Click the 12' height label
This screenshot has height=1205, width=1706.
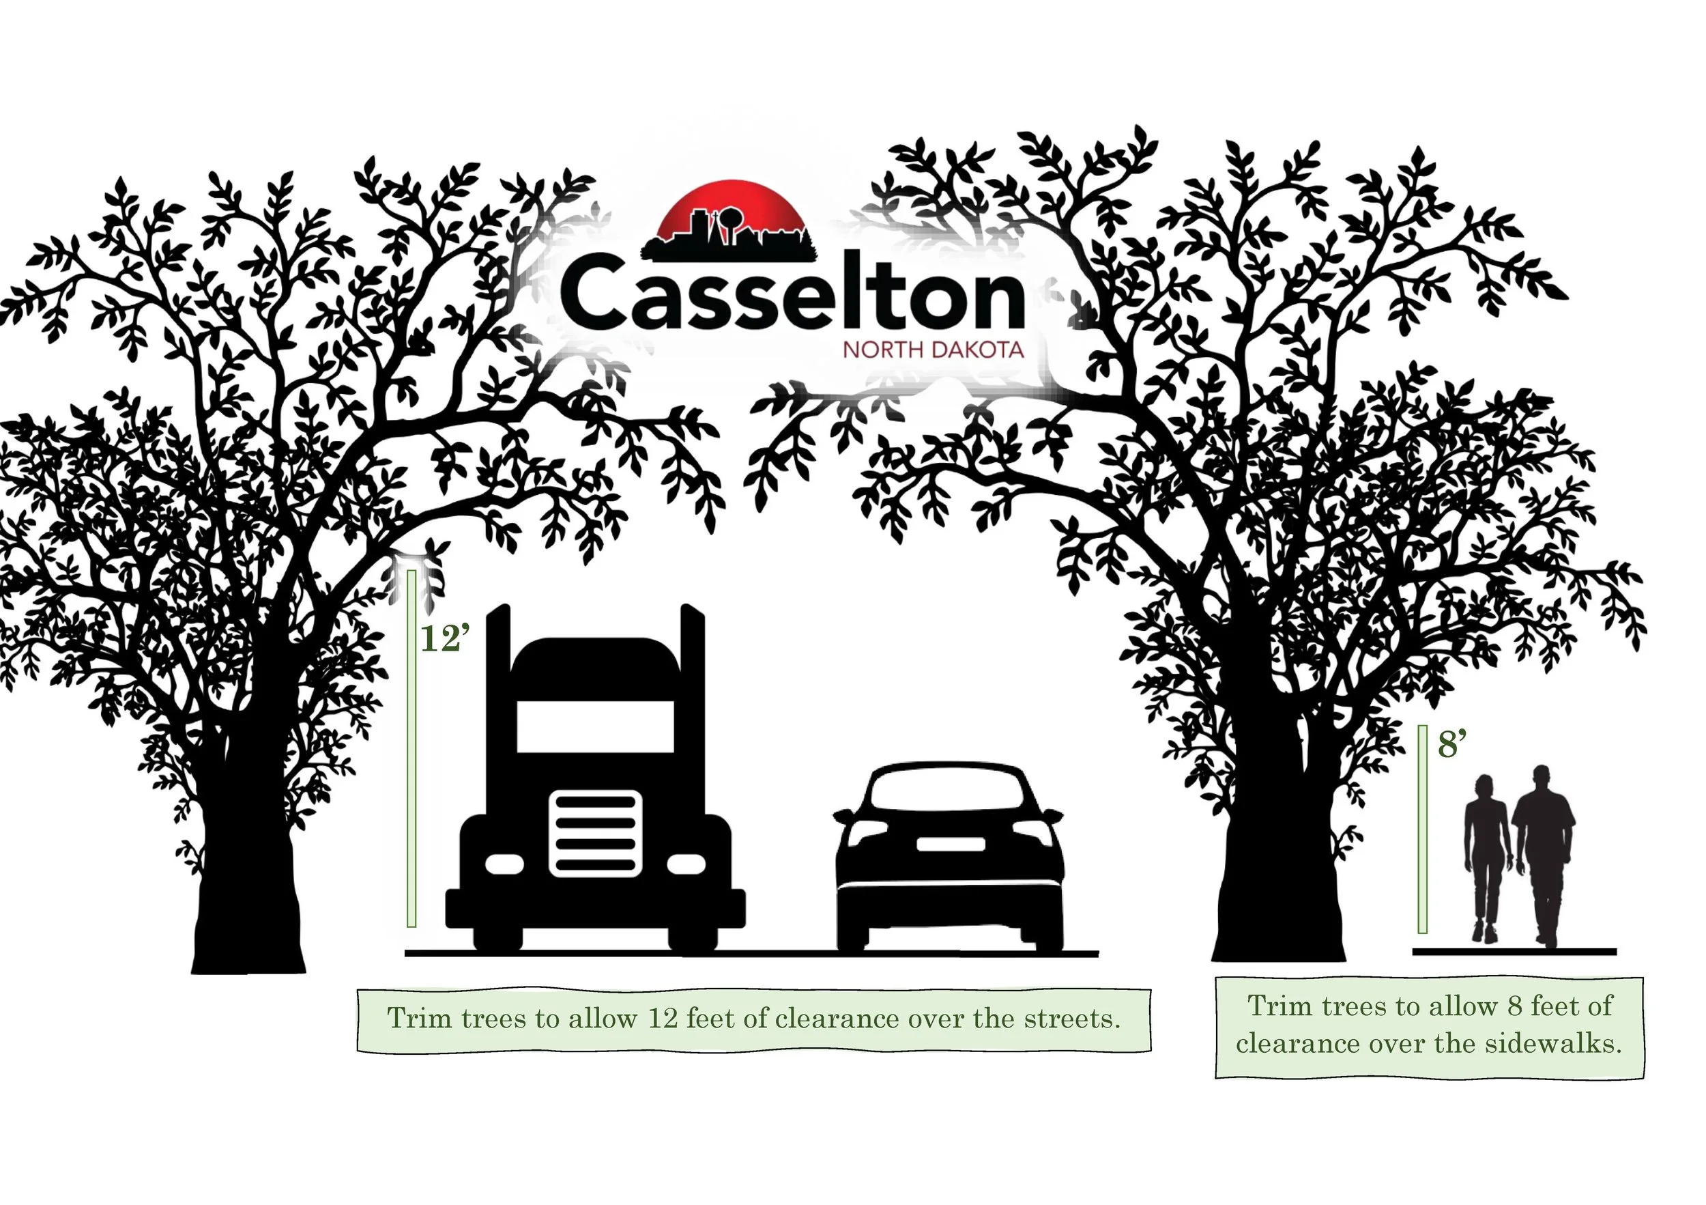[445, 638]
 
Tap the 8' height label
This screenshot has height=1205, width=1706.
[1451, 744]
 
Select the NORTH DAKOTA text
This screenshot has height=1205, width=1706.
[933, 350]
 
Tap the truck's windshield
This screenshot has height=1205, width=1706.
[595, 726]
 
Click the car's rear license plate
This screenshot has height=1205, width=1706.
[951, 844]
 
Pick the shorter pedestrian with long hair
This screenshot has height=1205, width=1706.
[1486, 855]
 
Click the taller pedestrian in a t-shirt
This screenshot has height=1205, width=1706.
[1544, 855]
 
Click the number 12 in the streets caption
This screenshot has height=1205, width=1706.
[663, 1019]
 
